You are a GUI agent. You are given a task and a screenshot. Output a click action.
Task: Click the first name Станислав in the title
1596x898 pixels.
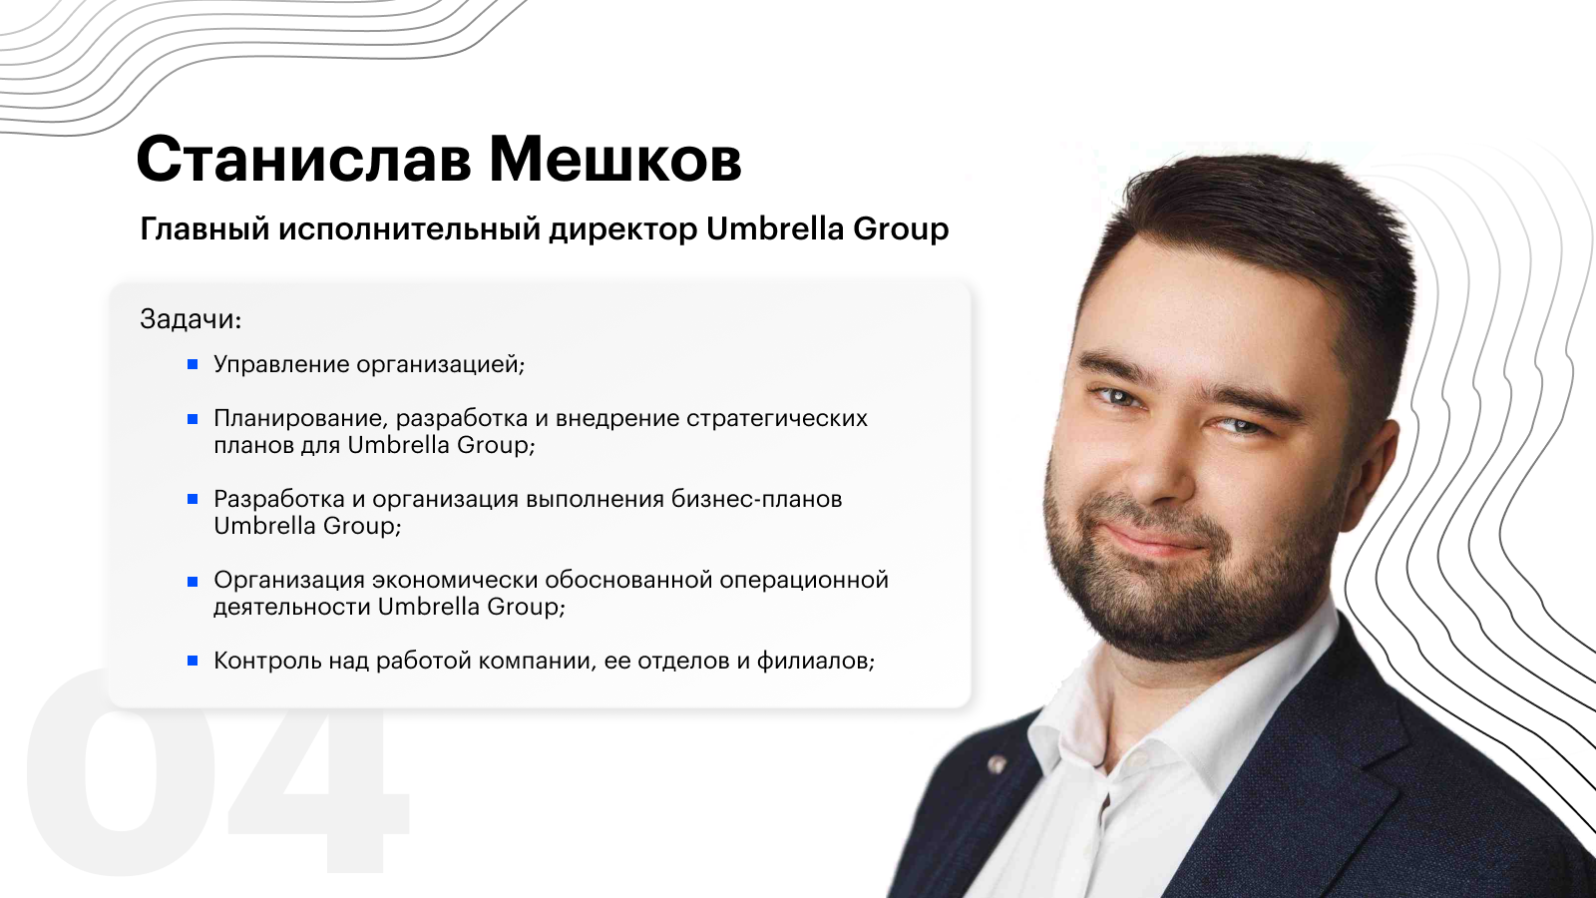(x=303, y=159)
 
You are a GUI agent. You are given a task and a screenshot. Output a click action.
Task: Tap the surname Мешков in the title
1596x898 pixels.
(x=614, y=159)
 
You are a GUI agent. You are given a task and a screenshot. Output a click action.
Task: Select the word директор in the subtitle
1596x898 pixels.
(x=622, y=230)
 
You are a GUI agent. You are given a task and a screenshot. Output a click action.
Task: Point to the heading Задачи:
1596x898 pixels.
(x=191, y=320)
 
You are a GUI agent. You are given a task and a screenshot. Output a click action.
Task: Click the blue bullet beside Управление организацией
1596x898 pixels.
(x=193, y=365)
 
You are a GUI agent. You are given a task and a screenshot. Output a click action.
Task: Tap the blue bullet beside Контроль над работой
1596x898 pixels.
(x=193, y=662)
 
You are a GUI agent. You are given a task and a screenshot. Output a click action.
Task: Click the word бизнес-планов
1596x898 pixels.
(x=757, y=499)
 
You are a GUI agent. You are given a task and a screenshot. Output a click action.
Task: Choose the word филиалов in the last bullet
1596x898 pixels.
(x=815, y=662)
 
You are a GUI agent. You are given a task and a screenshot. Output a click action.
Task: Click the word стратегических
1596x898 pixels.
(x=777, y=419)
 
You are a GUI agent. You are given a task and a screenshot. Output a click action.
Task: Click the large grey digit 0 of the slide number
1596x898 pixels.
(x=121, y=772)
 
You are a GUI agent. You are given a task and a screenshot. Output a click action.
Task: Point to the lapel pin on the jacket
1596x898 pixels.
(x=997, y=765)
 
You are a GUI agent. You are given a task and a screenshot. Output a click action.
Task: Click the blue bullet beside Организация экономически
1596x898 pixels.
(x=193, y=582)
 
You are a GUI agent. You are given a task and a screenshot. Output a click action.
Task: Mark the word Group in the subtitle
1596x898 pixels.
(x=901, y=230)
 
